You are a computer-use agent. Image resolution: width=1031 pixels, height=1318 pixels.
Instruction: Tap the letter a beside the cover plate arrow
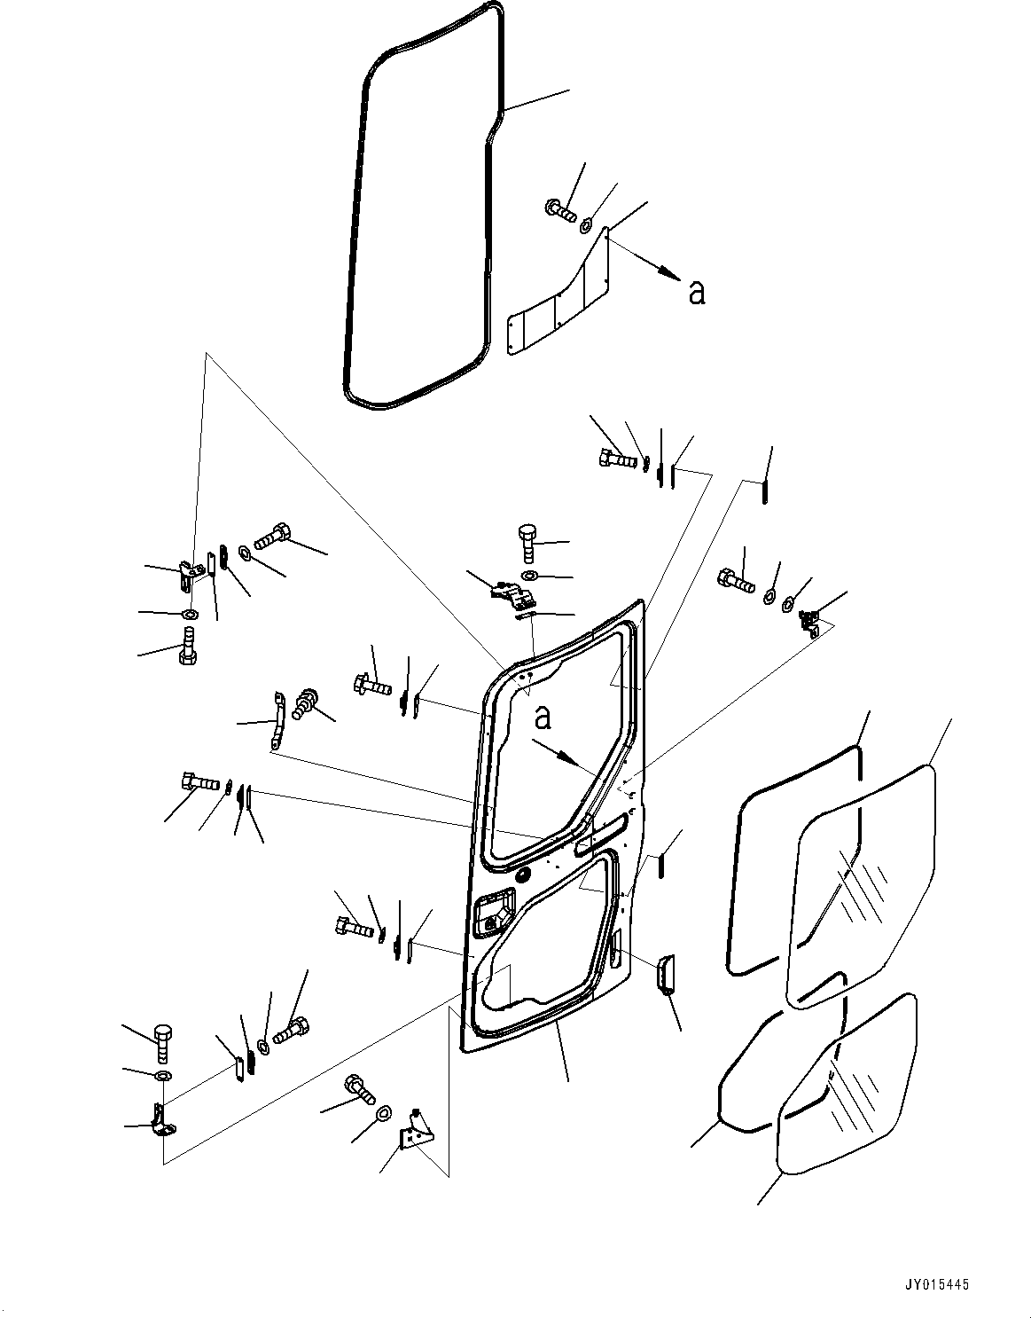(697, 292)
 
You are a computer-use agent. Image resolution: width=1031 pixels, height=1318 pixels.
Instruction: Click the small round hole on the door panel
(521, 875)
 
